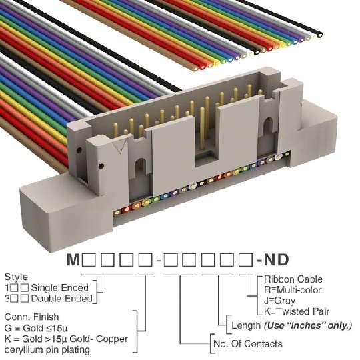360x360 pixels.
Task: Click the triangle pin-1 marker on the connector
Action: click(x=121, y=145)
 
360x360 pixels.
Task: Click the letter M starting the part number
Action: click(x=73, y=260)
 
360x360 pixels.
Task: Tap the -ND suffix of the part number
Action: click(x=273, y=260)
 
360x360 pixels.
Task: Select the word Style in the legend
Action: click(x=16, y=277)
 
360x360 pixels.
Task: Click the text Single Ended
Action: click(x=60, y=288)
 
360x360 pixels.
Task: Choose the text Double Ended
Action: click(x=61, y=299)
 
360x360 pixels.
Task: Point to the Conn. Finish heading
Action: click(x=32, y=317)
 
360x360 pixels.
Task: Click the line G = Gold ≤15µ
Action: click(x=36, y=328)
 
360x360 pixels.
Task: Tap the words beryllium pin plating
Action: click(x=47, y=350)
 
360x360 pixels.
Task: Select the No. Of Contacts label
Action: click(x=248, y=344)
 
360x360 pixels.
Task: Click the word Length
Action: click(x=246, y=325)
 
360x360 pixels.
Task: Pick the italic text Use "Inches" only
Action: click(x=308, y=325)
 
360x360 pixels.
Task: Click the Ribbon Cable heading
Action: click(x=293, y=279)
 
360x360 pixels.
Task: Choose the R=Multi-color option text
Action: click(x=293, y=290)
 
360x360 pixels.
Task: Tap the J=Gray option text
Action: click(x=279, y=301)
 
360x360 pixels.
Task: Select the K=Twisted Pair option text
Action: click(x=297, y=311)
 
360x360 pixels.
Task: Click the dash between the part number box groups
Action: click(x=158, y=261)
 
